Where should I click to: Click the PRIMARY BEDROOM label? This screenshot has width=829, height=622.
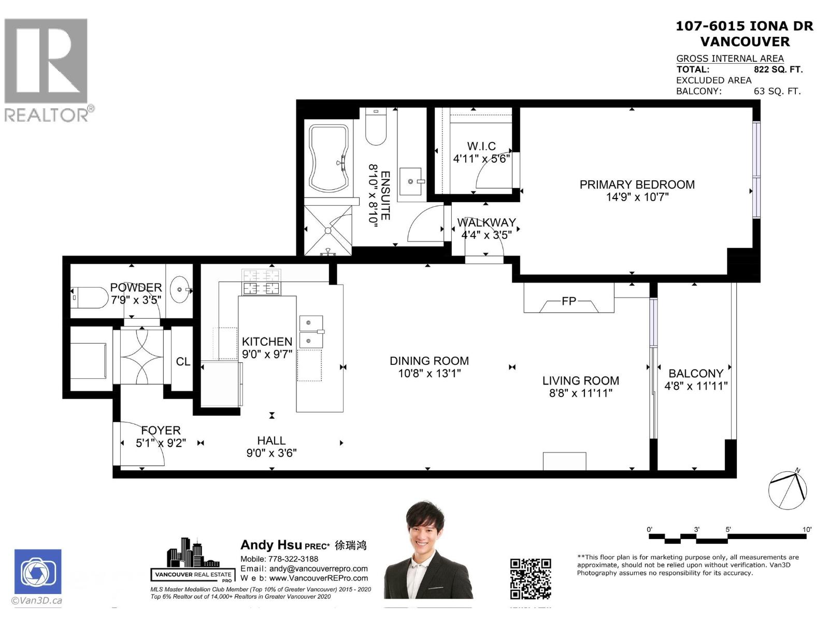[x=637, y=185]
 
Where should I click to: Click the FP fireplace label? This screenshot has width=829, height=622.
[x=568, y=301]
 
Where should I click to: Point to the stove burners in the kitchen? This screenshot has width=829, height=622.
[x=261, y=282]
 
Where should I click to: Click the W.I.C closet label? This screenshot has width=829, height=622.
[x=481, y=146]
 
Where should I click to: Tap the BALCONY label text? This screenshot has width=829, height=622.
[x=695, y=373]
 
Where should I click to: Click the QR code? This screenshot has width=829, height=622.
[x=530, y=578]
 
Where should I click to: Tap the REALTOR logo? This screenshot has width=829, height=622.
[x=46, y=70]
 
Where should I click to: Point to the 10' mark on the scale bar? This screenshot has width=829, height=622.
[x=807, y=530]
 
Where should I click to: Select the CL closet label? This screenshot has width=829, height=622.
[x=183, y=362]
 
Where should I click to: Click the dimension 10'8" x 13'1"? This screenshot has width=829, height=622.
[x=429, y=373]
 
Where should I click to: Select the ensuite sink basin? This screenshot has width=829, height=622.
[x=411, y=181]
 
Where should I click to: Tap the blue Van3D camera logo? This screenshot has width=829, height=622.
[x=38, y=572]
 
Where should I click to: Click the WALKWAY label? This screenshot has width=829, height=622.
[x=486, y=222]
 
